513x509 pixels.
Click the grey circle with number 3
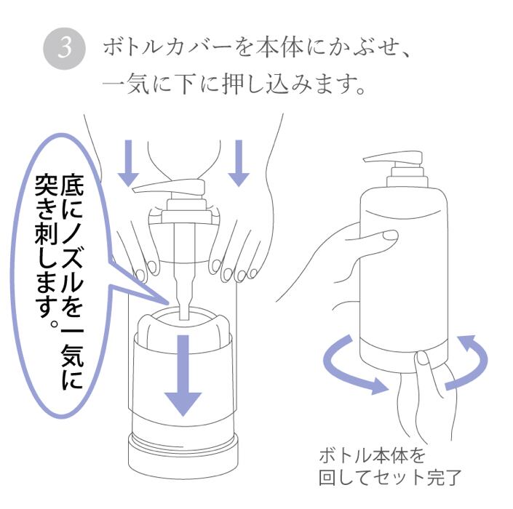tap(64, 48)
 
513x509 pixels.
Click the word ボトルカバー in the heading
tap(167, 48)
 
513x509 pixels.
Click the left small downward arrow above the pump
tap(129, 163)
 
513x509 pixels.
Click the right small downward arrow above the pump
tap(239, 163)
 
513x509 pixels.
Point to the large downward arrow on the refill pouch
tap(183, 375)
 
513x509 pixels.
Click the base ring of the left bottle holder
tap(183, 456)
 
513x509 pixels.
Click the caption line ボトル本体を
tap(372, 455)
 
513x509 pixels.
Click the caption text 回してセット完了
tap(390, 478)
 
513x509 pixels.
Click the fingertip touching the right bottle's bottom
tap(423, 358)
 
